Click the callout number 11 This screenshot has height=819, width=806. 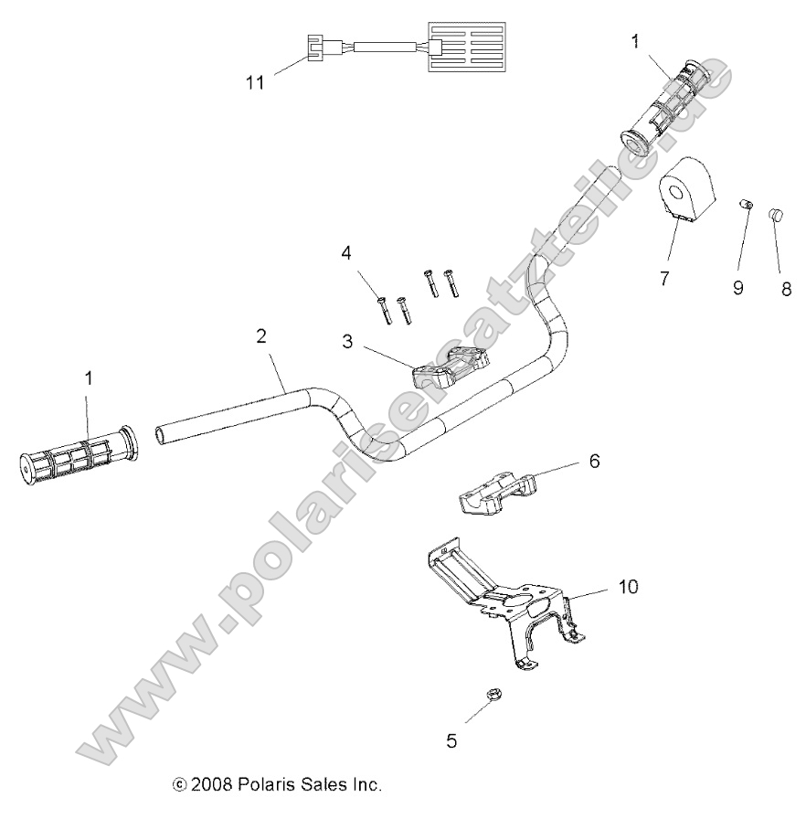tap(255, 82)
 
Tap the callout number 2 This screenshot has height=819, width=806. tap(261, 335)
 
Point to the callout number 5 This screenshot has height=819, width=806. tap(451, 740)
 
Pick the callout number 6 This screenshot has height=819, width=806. tap(594, 462)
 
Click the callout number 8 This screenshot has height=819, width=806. tap(785, 290)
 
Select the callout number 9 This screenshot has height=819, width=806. tap(737, 288)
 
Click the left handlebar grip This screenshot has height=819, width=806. tap(78, 454)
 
